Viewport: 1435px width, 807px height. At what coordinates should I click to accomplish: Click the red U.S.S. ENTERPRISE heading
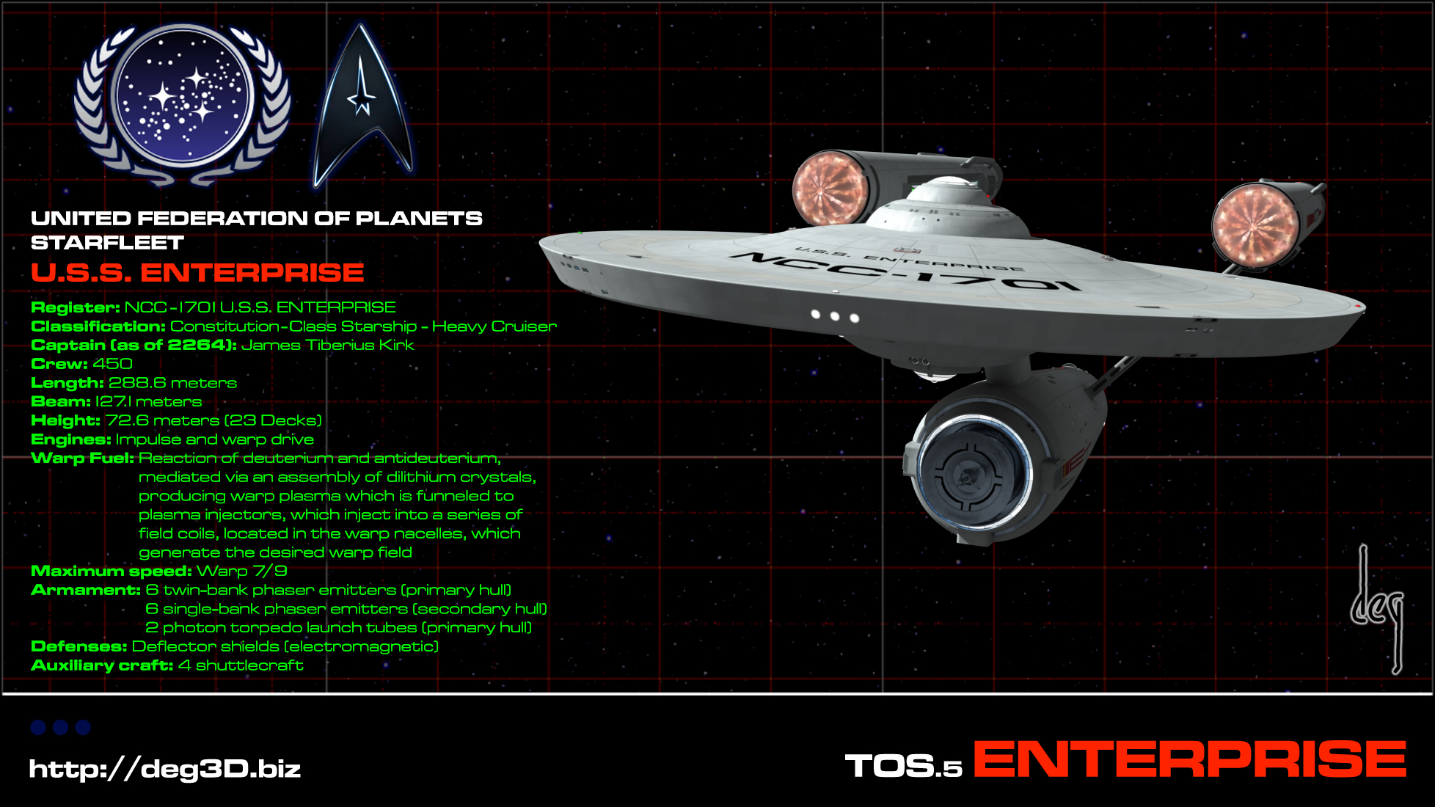point(197,273)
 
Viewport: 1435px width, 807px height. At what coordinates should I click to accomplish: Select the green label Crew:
point(59,364)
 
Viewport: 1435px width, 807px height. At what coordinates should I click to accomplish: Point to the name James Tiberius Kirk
point(327,345)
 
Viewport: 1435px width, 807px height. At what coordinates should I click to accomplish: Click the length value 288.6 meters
point(172,383)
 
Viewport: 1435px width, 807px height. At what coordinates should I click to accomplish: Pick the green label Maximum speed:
point(111,572)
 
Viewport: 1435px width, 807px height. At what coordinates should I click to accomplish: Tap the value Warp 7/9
point(241,572)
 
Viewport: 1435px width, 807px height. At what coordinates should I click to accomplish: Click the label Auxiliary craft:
point(102,665)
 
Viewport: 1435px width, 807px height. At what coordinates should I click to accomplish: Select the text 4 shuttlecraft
point(241,665)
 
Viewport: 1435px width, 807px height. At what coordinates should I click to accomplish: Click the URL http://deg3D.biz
point(165,769)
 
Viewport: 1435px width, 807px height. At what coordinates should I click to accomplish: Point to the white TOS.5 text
point(903,767)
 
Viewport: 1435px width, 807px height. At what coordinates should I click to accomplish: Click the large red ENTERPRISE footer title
point(1189,760)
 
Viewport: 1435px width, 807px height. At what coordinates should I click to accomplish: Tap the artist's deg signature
point(1378,609)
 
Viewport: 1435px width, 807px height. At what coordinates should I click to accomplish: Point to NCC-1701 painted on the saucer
point(910,271)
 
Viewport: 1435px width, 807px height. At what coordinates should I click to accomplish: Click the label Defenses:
point(79,646)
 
